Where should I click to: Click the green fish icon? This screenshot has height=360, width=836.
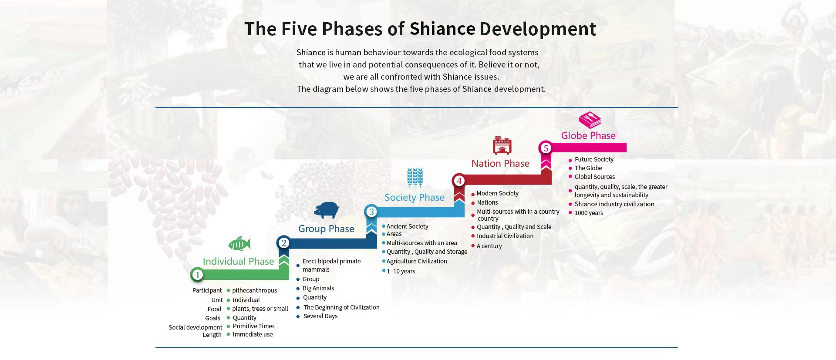(x=239, y=244)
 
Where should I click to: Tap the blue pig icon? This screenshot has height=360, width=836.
(x=327, y=210)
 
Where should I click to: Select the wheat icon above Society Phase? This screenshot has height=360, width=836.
(x=415, y=178)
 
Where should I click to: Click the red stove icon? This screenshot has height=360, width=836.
(x=502, y=145)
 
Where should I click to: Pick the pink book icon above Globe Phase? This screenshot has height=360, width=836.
(x=590, y=120)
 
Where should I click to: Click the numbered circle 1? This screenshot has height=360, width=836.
(x=197, y=275)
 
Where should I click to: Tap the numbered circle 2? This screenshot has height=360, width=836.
(x=283, y=243)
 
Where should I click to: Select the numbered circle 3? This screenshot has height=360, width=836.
(x=371, y=212)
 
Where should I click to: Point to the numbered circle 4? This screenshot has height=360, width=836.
(x=459, y=181)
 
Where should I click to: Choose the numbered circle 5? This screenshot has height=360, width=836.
(x=546, y=148)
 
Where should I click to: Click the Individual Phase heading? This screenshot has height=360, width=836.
(x=238, y=261)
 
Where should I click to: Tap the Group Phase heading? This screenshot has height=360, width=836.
(x=326, y=229)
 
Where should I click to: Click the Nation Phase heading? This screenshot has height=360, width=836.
(x=500, y=163)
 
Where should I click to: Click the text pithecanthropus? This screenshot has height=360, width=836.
(x=254, y=290)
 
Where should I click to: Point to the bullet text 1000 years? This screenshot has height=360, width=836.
(x=589, y=213)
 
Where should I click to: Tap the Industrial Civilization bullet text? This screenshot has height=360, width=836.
(x=505, y=236)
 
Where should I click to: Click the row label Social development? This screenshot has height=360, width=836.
(x=195, y=327)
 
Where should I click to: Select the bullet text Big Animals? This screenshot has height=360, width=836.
(x=318, y=288)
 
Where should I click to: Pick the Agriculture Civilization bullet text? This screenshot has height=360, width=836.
(x=417, y=261)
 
